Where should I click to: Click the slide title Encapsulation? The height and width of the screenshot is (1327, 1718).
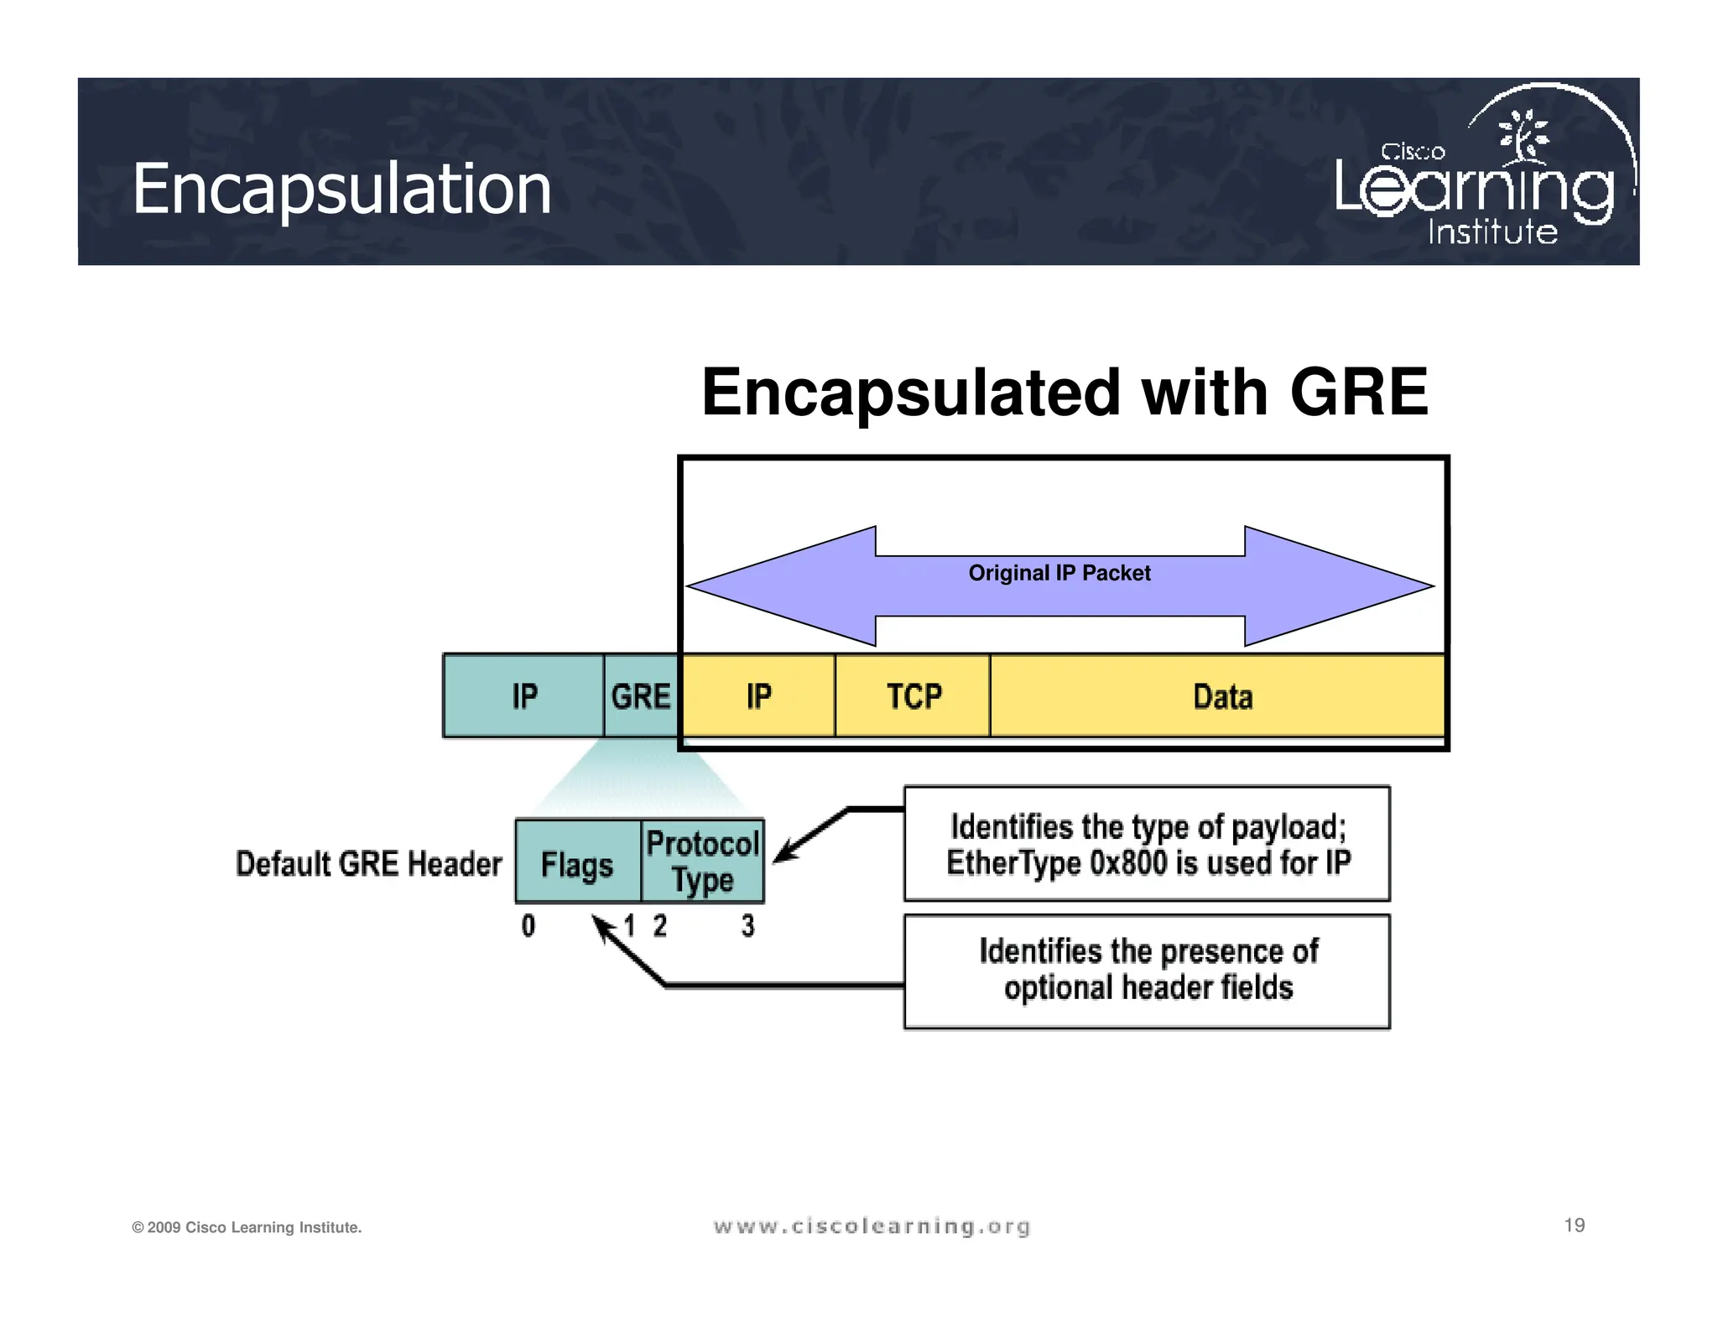tap(341, 190)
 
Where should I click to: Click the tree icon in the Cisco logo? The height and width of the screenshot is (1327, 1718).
tap(1524, 136)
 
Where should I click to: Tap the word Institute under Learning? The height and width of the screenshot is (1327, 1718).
tap(1492, 232)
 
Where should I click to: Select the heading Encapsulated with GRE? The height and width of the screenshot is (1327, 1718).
tap(1064, 393)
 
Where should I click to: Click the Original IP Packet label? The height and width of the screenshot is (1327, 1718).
tap(1059, 573)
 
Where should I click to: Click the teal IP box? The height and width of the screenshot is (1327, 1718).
tap(523, 696)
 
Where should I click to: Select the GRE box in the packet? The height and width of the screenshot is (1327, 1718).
tap(641, 696)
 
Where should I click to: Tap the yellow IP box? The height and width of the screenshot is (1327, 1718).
tap(758, 696)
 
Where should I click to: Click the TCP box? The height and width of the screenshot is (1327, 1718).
tap(914, 696)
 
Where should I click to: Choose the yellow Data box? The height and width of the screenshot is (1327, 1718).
tap(1221, 696)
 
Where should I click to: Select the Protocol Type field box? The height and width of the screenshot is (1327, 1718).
tap(703, 861)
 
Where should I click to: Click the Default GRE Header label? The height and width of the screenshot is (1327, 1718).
tap(368, 864)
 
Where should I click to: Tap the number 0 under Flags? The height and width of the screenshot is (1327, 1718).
tap(528, 926)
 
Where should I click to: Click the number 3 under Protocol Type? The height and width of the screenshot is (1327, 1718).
tap(747, 926)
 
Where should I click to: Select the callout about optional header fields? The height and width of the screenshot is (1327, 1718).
tap(1147, 971)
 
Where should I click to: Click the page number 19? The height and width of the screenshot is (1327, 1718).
tap(1574, 1226)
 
